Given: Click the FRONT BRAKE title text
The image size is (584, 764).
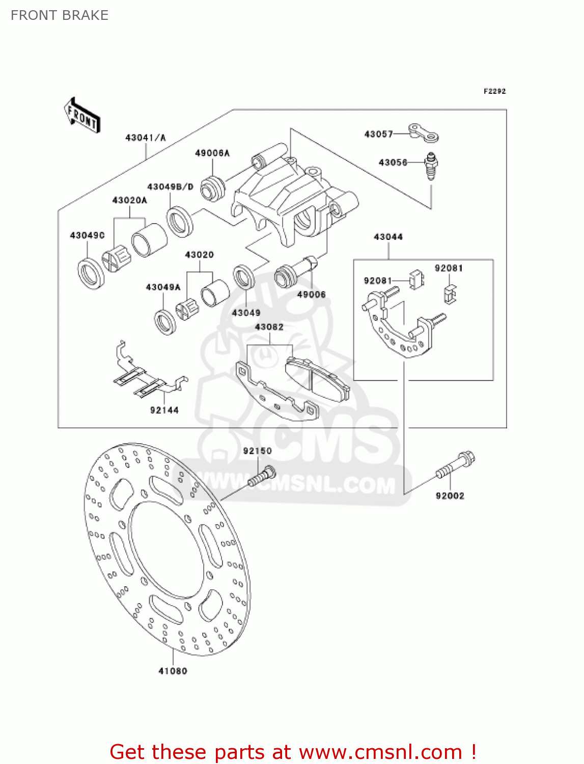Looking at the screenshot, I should pyautogui.click(x=60, y=15).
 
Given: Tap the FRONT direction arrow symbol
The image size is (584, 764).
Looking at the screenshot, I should pyautogui.click(x=82, y=116).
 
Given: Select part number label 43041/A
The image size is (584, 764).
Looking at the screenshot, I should pyautogui.click(x=146, y=138).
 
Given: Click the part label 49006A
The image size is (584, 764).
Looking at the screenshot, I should pyautogui.click(x=212, y=153).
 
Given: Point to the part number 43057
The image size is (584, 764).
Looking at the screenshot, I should pyautogui.click(x=379, y=134).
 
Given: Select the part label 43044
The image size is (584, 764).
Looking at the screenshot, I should pyautogui.click(x=388, y=237).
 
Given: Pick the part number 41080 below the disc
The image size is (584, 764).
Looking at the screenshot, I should pyautogui.click(x=173, y=671).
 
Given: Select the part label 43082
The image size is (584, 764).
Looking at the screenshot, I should pyautogui.click(x=269, y=327).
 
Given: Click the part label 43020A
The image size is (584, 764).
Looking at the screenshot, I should pyautogui.click(x=129, y=200).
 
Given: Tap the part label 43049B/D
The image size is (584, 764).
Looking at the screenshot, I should pyautogui.click(x=171, y=187).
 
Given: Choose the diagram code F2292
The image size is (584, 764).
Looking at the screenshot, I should pyautogui.click(x=494, y=91).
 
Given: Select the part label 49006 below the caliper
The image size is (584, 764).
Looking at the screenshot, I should pyautogui.click(x=311, y=294).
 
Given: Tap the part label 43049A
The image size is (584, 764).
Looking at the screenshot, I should pyautogui.click(x=163, y=287).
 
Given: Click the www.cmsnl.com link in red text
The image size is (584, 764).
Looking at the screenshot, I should pyautogui.click(x=380, y=752).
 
